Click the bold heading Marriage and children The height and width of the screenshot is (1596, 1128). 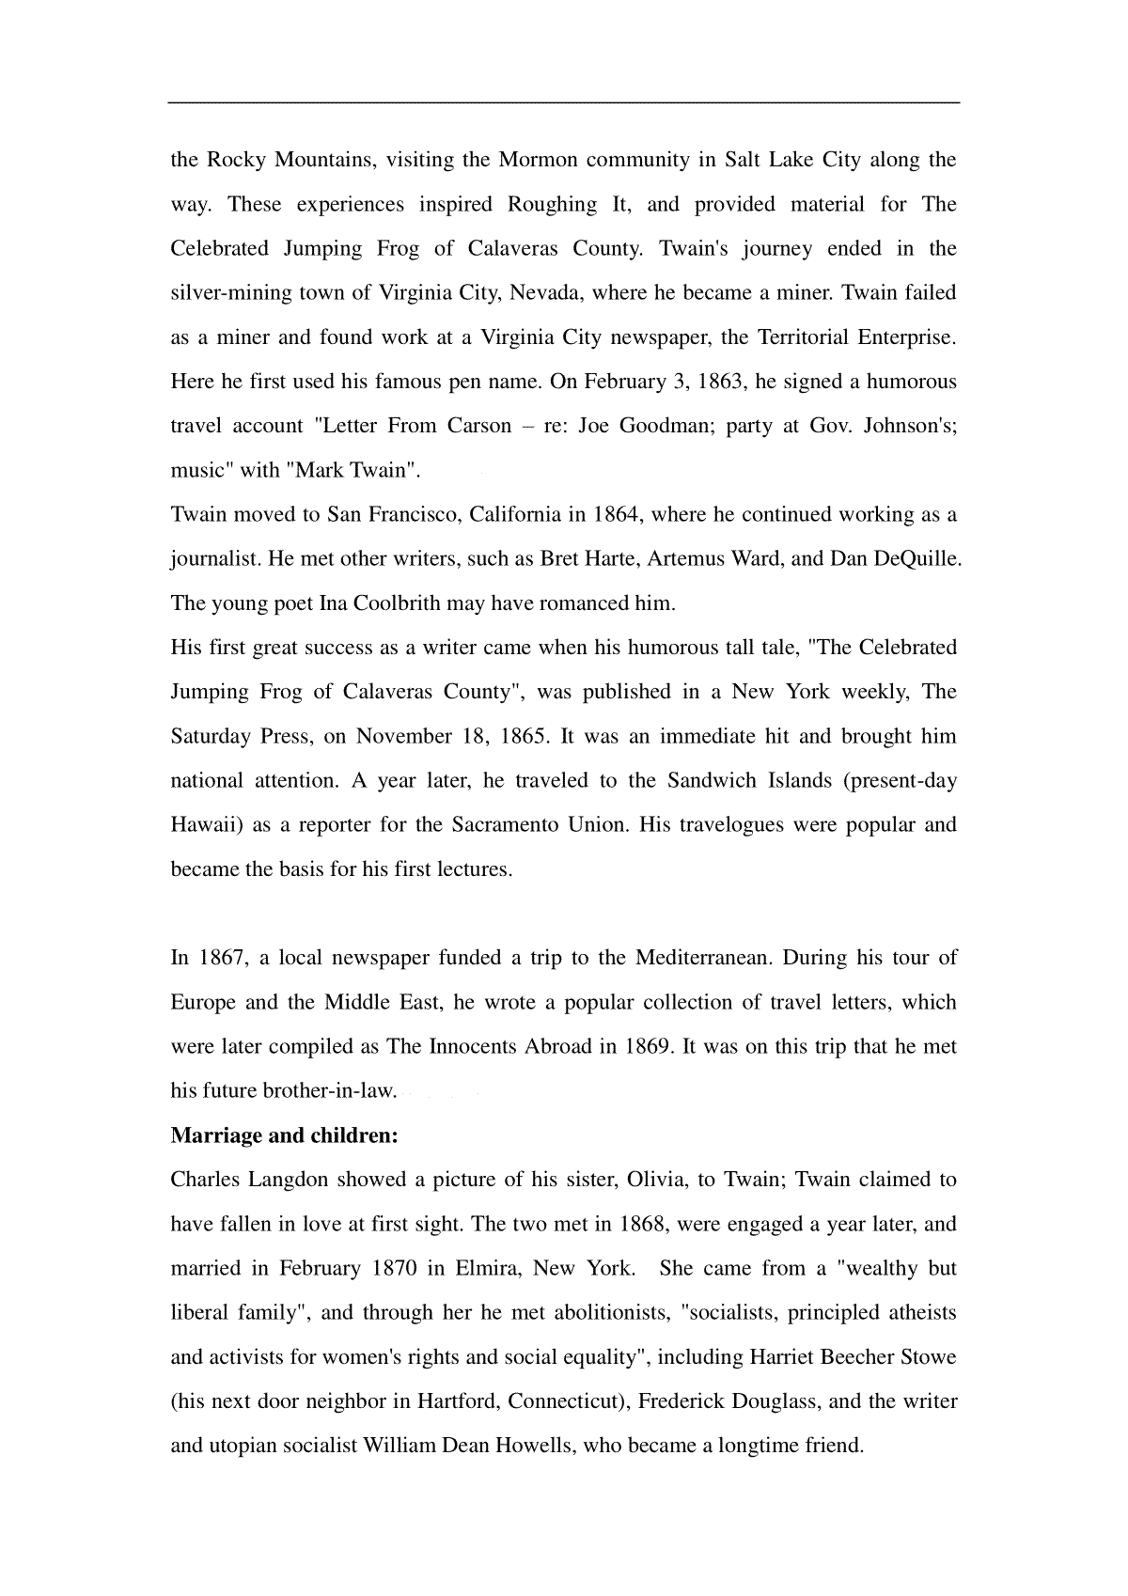coord(285,1135)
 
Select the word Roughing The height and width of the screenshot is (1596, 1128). coord(552,204)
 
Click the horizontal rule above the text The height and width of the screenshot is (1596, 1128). coord(564,102)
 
